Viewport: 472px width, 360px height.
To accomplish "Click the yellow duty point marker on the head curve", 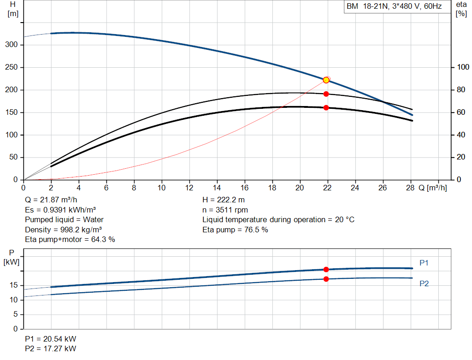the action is [x=326, y=80].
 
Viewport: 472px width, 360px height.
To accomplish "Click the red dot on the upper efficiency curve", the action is [x=326, y=94].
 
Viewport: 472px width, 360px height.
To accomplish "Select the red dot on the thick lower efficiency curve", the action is [x=326, y=108].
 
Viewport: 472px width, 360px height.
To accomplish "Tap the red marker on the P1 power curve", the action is [x=326, y=269].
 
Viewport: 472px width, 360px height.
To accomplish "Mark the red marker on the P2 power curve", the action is [x=326, y=279].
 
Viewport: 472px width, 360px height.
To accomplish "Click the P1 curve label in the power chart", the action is [x=424, y=263].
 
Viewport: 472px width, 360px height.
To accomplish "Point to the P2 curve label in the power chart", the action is [x=424, y=283].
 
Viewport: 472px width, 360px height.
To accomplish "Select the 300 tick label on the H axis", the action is [x=12, y=45].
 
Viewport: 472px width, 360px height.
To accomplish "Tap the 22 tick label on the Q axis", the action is [x=327, y=188].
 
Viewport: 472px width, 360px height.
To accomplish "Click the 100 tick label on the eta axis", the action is [x=463, y=67].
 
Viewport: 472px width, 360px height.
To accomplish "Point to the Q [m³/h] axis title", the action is [x=432, y=188].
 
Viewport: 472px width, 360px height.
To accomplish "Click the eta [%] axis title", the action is [x=461, y=9].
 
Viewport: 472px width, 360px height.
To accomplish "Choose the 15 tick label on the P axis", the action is [x=13, y=285].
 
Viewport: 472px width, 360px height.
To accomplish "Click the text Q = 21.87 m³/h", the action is [x=51, y=200].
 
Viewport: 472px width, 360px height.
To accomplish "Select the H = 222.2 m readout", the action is [x=224, y=200].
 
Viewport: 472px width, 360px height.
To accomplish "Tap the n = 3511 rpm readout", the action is [x=225, y=210].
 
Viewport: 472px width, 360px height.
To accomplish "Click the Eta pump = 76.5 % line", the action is [x=235, y=230].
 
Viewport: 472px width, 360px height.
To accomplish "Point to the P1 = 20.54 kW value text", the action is [x=51, y=339].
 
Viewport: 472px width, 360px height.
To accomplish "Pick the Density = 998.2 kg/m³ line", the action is [x=63, y=230].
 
